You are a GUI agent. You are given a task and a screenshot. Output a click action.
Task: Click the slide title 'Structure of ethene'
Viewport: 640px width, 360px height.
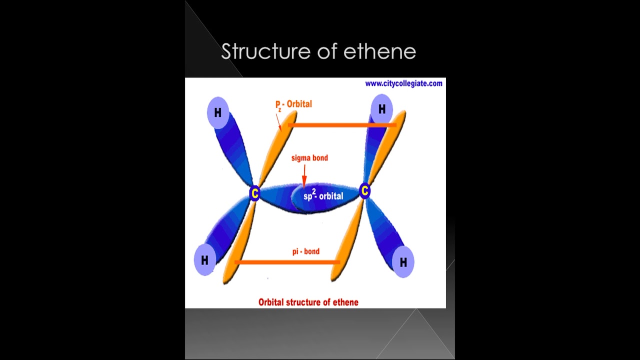318,51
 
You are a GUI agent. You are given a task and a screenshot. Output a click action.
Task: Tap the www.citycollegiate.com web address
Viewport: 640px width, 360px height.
403,83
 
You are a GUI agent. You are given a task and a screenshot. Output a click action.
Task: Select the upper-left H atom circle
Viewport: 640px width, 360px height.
217,112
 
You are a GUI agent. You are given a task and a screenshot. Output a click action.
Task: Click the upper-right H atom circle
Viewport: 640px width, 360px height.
382,109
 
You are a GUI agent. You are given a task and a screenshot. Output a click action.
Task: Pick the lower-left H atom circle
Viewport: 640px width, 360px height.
204,260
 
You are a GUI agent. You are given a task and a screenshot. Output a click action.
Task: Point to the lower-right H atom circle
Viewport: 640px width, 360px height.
403,261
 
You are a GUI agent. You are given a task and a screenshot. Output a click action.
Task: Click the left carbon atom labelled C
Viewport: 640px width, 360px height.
255,193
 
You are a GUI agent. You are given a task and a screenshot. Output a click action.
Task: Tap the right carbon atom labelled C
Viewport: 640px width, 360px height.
364,190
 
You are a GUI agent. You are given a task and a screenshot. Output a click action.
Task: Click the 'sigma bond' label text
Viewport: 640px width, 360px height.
309,158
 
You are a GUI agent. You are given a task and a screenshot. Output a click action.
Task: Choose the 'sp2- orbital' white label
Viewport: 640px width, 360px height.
323,196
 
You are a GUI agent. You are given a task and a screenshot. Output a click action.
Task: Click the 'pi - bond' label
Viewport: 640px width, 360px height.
306,251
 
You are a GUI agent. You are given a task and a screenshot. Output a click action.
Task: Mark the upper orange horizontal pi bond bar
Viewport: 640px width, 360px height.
342,125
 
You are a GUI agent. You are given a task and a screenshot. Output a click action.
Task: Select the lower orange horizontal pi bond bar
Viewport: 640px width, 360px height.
287,262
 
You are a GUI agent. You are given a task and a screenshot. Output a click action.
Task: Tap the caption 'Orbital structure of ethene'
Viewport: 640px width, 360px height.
308,302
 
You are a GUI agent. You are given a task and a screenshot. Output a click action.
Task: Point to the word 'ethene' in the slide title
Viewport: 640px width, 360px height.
384,51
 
